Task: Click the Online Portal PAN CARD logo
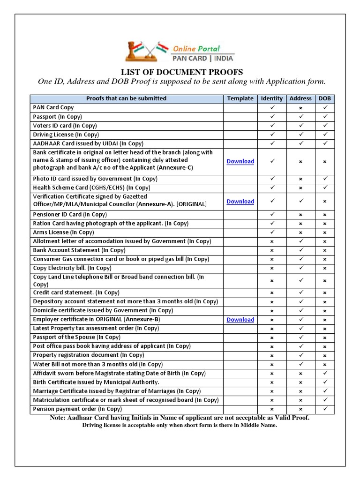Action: (x=180, y=52)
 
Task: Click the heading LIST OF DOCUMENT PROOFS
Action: (x=182, y=72)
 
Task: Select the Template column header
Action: (x=240, y=98)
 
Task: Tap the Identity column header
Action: (x=272, y=98)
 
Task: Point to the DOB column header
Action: (x=324, y=98)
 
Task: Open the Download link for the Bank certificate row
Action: (x=240, y=161)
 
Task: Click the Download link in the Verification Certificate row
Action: (x=240, y=202)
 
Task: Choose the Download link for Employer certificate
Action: (x=240, y=320)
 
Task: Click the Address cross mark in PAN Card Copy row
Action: (x=300, y=108)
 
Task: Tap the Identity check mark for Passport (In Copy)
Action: (x=272, y=117)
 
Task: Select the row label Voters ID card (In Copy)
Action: (x=65, y=126)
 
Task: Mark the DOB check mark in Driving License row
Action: (x=324, y=135)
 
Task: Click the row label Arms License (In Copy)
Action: (x=63, y=232)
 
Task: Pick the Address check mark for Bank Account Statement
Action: (x=300, y=250)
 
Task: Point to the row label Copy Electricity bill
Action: (x=72, y=268)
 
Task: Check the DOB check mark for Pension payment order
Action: (x=324, y=409)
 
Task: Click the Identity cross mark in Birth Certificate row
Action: (x=272, y=382)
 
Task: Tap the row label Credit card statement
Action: (x=76, y=292)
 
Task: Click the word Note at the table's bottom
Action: (x=59, y=418)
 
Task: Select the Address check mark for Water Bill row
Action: (x=300, y=364)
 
